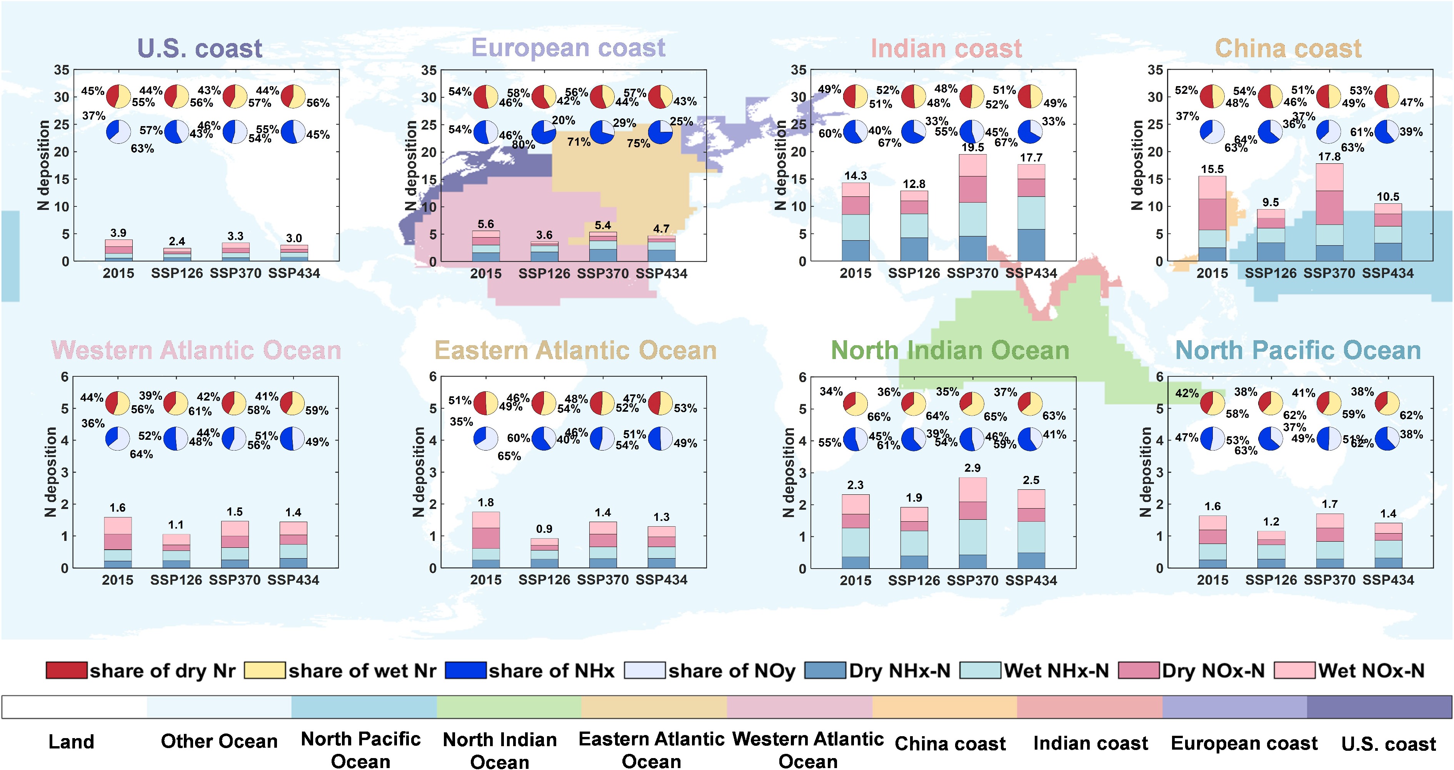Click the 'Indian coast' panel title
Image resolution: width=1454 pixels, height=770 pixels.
point(946,48)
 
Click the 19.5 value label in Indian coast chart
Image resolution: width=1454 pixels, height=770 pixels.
point(972,147)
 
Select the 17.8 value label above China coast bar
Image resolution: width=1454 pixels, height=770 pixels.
point(1329,156)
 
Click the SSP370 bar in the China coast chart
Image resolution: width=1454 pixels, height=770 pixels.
point(1329,212)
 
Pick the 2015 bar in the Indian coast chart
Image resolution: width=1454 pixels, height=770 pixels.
point(856,222)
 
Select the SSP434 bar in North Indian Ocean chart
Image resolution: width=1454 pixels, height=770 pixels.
point(1031,529)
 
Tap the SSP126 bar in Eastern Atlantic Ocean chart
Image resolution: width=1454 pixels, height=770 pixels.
point(545,553)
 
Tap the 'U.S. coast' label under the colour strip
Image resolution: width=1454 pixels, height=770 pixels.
point(1389,744)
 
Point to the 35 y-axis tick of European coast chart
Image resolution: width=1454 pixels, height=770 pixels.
point(429,70)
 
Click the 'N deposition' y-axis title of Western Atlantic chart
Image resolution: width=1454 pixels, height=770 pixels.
point(51,472)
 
